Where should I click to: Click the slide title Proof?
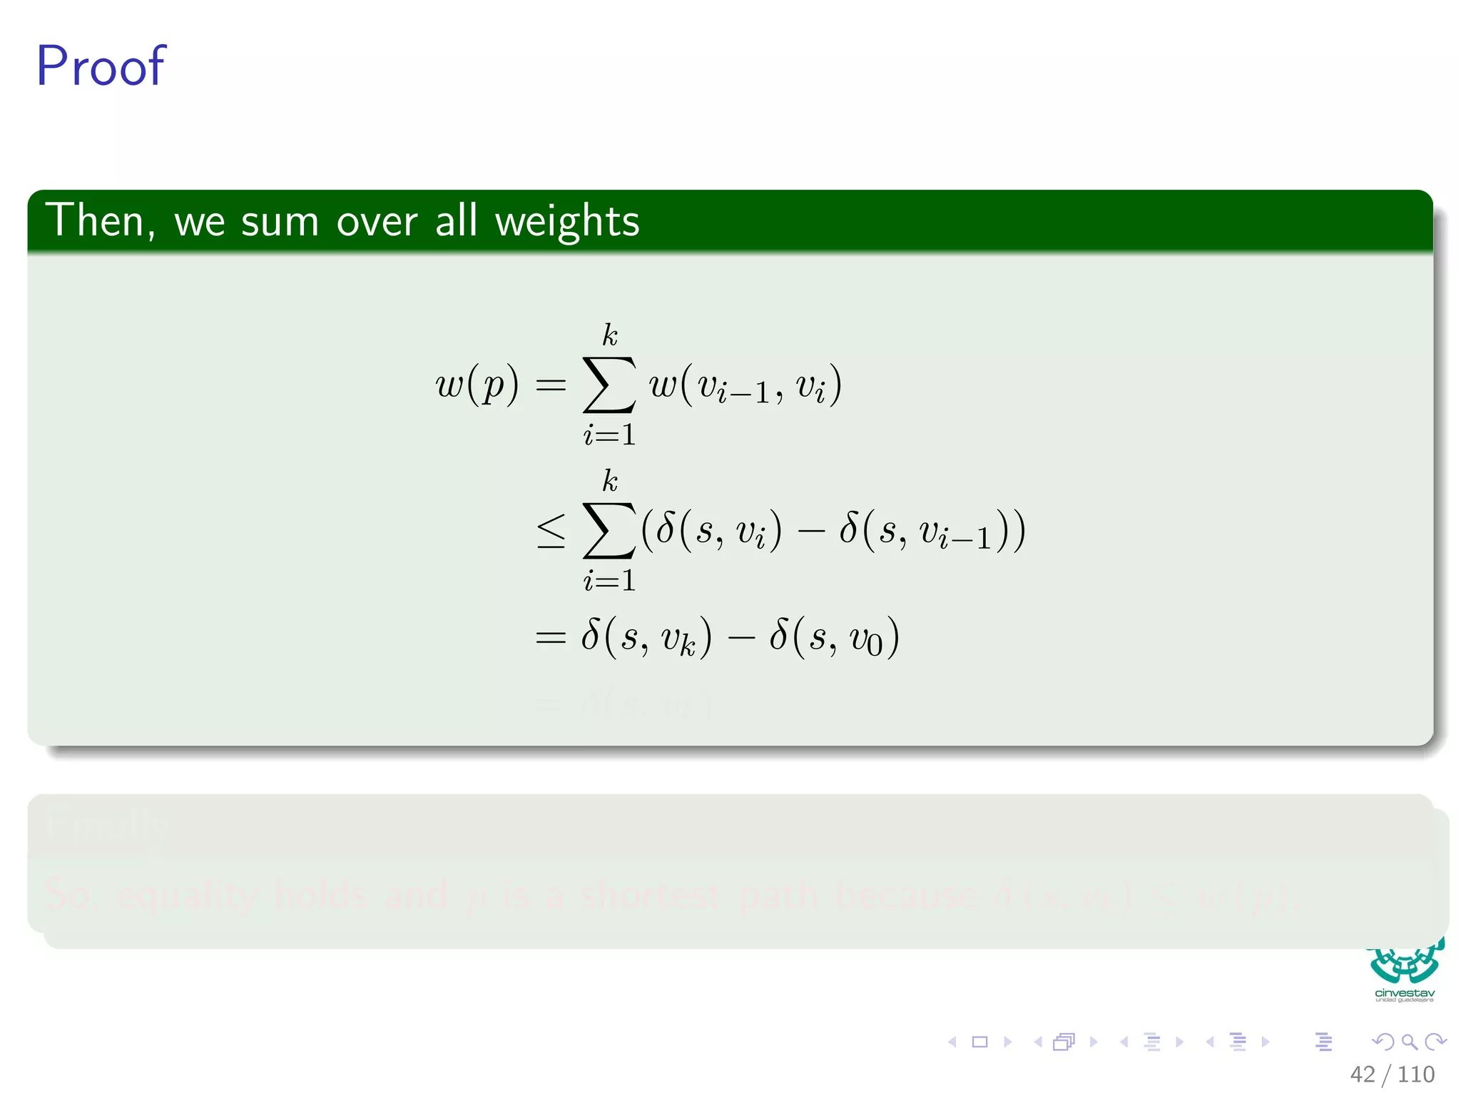tap(101, 66)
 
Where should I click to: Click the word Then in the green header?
tap(98, 220)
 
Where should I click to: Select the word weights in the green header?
tap(567, 222)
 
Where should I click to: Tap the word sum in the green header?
tap(279, 222)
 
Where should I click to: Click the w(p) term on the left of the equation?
tap(477, 385)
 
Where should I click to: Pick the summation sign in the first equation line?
tap(609, 385)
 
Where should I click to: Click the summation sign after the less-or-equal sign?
tap(609, 531)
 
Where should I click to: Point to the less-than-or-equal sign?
tap(551, 532)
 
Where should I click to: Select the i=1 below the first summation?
tap(609, 435)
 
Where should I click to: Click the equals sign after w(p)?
tap(551, 386)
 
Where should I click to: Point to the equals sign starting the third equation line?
tap(551, 637)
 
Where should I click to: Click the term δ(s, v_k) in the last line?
tap(646, 637)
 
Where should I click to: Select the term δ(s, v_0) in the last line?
tap(833, 637)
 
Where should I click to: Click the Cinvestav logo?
tap(1404, 970)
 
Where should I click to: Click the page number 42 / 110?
tap(1392, 1074)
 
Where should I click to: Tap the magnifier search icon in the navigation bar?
tap(1409, 1042)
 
